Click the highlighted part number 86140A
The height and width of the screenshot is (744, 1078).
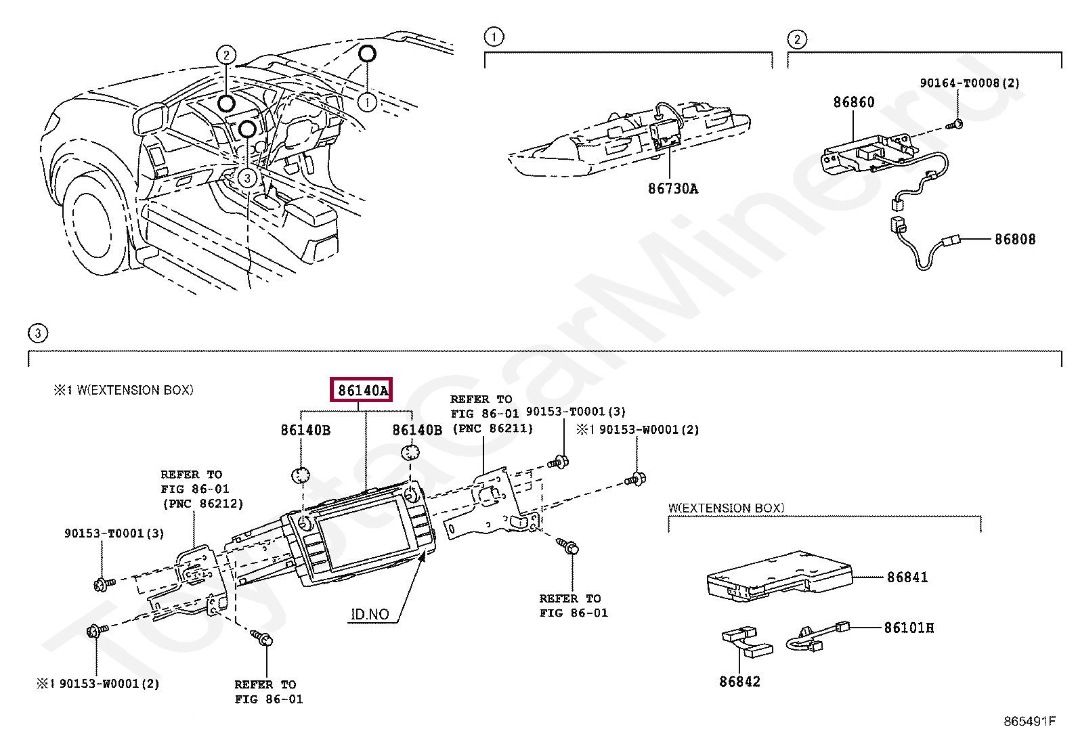pos(362,391)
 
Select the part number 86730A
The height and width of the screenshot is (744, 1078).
pos(672,189)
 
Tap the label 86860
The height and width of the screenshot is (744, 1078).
pos(853,102)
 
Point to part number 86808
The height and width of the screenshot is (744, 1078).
pos(1014,240)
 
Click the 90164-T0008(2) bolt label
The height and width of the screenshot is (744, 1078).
pos(969,83)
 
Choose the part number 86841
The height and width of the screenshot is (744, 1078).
pos(907,577)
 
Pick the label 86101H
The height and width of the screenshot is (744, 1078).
pos(909,628)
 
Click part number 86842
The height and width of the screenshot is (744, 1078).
pos(739,682)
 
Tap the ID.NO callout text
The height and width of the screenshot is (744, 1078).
pos(370,615)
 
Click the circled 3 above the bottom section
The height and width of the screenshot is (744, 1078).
pos(38,333)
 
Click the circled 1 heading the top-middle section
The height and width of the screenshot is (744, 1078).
pos(494,37)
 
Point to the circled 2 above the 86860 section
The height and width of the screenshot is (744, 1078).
pos(797,39)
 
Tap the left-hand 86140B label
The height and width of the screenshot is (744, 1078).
pos(305,431)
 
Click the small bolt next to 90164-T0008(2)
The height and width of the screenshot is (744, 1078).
pos(955,125)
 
